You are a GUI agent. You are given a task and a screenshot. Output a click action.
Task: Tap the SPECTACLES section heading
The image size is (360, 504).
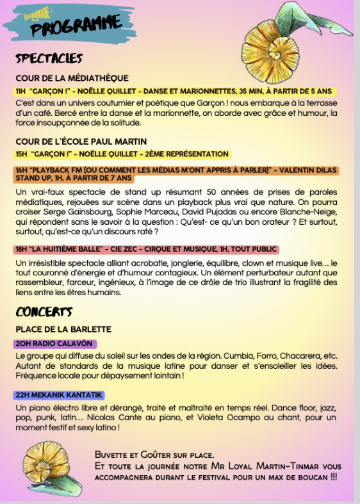click(49, 58)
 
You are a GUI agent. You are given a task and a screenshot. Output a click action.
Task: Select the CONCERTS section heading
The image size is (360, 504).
click(44, 312)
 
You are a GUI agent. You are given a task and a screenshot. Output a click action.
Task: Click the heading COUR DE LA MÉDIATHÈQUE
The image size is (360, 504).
click(72, 78)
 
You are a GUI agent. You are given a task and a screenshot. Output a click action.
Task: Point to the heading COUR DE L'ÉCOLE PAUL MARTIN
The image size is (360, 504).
click(81, 141)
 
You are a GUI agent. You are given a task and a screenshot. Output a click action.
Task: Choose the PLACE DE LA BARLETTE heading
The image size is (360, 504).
click(63, 329)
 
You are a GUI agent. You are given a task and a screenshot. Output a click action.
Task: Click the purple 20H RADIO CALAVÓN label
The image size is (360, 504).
click(54, 343)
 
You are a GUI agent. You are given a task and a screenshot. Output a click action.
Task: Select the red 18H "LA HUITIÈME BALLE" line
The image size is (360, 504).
click(145, 250)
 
